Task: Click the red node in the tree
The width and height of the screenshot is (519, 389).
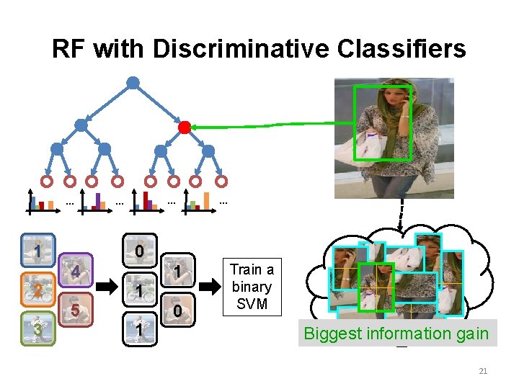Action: pos(185,128)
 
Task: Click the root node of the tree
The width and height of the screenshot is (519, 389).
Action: pos(133,83)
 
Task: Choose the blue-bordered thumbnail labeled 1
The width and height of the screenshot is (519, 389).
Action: pos(35,252)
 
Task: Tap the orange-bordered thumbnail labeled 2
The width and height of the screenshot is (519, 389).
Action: pos(35,291)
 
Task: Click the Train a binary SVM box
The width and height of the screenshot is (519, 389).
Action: pos(252,287)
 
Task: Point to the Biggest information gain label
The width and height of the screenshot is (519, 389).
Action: pos(396,334)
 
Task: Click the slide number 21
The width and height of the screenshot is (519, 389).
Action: pos(483,371)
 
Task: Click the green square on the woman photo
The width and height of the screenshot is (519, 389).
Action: pos(383,122)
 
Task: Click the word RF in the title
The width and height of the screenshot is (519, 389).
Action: pos(69,49)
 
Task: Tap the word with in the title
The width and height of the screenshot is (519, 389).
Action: pos(121,49)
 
